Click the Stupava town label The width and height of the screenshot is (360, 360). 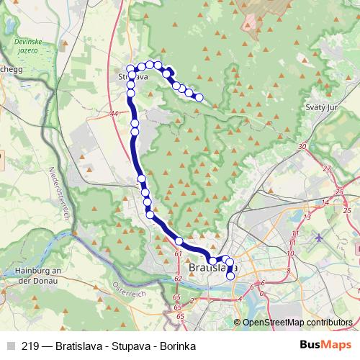[133, 76]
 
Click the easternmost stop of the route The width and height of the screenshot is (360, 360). [199, 97]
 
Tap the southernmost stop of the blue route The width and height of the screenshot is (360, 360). [230, 276]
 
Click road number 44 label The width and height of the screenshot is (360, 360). [114, 114]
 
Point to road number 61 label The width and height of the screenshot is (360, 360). [178, 253]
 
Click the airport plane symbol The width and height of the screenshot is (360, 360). [320, 235]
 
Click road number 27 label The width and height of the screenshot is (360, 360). [326, 168]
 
